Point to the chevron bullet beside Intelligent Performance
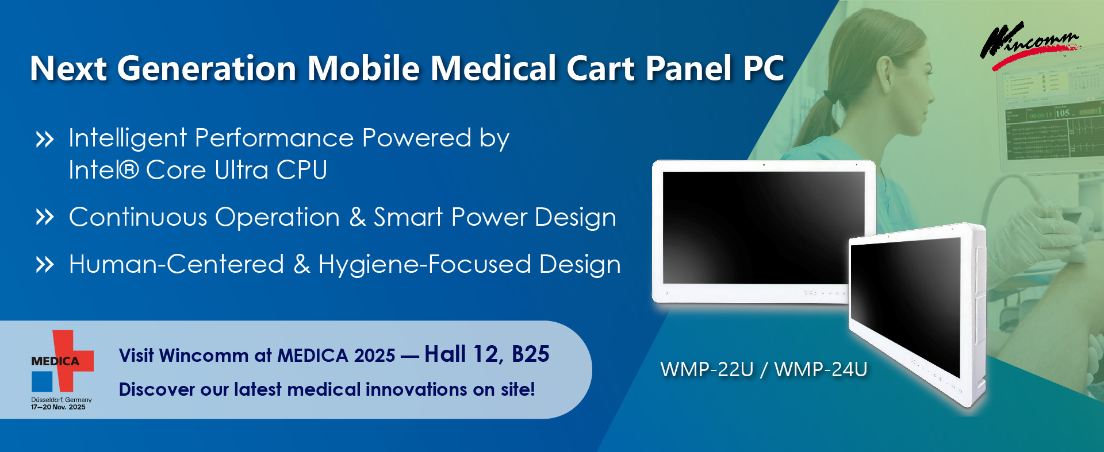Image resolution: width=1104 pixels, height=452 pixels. [45, 140]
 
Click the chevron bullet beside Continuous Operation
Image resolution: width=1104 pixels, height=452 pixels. [45, 218]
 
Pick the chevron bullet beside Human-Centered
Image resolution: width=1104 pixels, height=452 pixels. [45, 265]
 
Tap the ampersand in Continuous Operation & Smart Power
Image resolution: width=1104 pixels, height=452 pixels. [357, 218]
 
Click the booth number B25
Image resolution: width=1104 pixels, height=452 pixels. [530, 354]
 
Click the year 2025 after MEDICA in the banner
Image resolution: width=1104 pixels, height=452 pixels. [375, 356]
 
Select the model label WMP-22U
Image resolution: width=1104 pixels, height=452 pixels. [707, 369]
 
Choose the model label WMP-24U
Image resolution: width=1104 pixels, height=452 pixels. [821, 369]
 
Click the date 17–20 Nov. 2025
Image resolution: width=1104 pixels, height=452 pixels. [58, 407]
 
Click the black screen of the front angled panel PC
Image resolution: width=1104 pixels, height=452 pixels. [906, 304]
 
